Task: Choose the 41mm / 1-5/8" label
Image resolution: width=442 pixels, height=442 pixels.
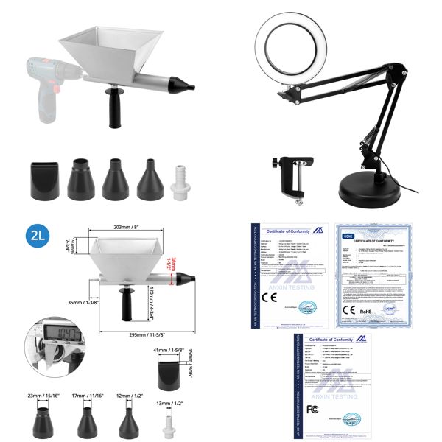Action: point(169,351)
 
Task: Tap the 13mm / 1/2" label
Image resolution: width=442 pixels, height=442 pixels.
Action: point(170,404)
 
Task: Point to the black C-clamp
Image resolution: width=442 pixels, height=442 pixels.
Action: point(290,174)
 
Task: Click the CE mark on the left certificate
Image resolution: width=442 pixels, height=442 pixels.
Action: point(270,300)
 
